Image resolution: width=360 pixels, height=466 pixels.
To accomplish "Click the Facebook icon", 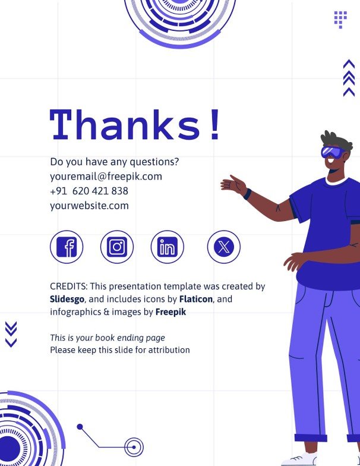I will pyautogui.click(x=67, y=247).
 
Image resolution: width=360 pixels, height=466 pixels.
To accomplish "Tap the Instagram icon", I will pyautogui.click(x=117, y=247).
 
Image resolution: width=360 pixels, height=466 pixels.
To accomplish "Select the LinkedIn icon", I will pyautogui.click(x=167, y=247).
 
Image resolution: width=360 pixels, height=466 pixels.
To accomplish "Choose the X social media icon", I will pyautogui.click(x=223, y=247).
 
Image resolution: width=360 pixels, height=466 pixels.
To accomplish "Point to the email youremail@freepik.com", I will pyautogui.click(x=106, y=177).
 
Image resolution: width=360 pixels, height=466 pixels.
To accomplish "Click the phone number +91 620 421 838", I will pyautogui.click(x=89, y=191).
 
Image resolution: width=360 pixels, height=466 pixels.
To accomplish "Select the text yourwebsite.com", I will pyautogui.click(x=89, y=206).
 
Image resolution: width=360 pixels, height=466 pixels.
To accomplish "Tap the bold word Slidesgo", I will pyautogui.click(x=67, y=299).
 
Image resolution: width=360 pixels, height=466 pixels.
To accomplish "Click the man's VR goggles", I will pyautogui.click(x=331, y=152).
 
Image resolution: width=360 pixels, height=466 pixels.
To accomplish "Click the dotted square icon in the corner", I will pyautogui.click(x=340, y=19).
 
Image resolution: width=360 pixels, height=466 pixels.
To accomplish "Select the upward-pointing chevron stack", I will pyautogui.click(x=349, y=78).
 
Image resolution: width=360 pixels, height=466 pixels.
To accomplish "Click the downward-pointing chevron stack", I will pyautogui.click(x=11, y=334).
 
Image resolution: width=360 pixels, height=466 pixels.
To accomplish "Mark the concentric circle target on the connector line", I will pyautogui.click(x=134, y=447).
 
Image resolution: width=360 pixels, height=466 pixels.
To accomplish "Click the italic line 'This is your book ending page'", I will pyautogui.click(x=108, y=338).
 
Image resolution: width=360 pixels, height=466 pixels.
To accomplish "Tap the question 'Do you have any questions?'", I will pyautogui.click(x=115, y=162).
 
